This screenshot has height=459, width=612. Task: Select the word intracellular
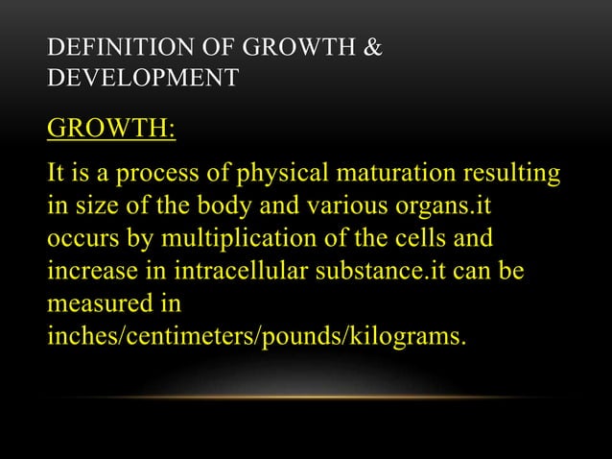pos(216,272)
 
